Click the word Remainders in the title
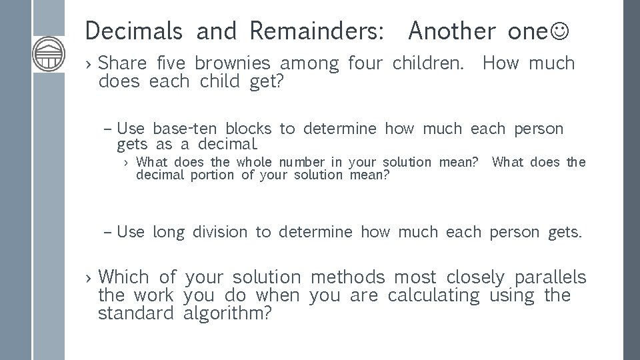coord(316,30)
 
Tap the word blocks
coord(249,129)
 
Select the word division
coord(220,232)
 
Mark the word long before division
coord(169,232)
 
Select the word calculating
coord(433,295)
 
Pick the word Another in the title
coord(453,30)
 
